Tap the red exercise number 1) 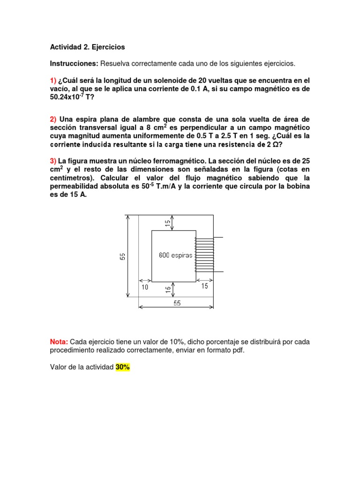pos(53,80)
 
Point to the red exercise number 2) pos(53,119)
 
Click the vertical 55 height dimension pos(122,256)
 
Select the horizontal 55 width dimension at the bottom pos(177,303)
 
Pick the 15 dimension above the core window pos(167,223)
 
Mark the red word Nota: pos(59,342)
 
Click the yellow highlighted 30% pos(122,367)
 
